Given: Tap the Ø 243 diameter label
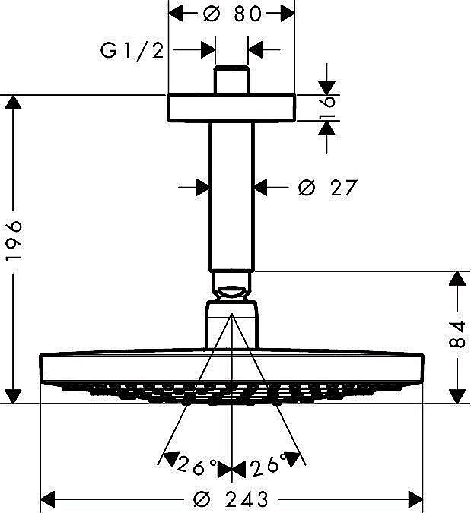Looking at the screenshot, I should point(231,499).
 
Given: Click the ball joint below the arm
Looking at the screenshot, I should point(231,290).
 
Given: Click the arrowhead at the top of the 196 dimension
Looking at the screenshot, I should point(13,103).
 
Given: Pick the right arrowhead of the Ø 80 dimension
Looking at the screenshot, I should point(285,13).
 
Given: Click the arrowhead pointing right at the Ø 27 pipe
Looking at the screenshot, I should point(201,186).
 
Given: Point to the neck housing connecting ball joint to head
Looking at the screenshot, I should point(231,323).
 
